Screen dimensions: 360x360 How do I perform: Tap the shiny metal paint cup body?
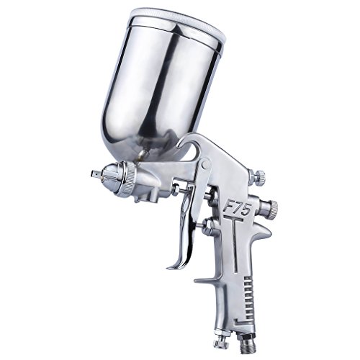[156, 91]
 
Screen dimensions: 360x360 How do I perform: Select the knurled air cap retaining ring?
[129, 177]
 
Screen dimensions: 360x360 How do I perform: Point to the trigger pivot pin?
[205, 164]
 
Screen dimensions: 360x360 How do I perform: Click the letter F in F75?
[228, 207]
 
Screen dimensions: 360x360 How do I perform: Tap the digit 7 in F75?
[239, 208]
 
